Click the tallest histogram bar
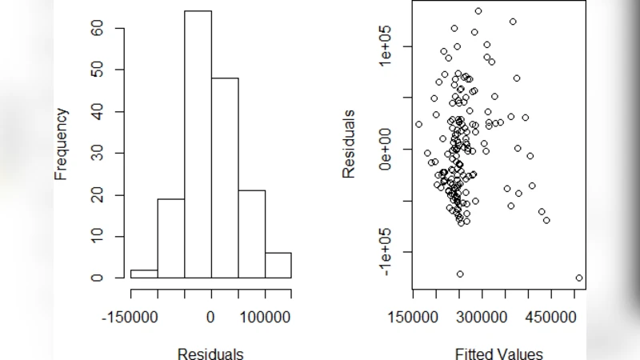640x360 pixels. click(x=198, y=144)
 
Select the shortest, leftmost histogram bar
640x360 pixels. click(x=144, y=274)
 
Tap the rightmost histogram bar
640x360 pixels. click(x=278, y=265)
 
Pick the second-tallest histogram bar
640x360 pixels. click(x=225, y=178)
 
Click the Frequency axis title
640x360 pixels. click(x=62, y=143)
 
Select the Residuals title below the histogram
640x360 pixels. click(x=210, y=353)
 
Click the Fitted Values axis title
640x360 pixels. click(x=498, y=353)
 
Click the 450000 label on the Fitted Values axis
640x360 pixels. click(x=551, y=316)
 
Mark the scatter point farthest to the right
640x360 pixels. click(x=578, y=278)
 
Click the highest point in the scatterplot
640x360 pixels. click(x=478, y=11)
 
